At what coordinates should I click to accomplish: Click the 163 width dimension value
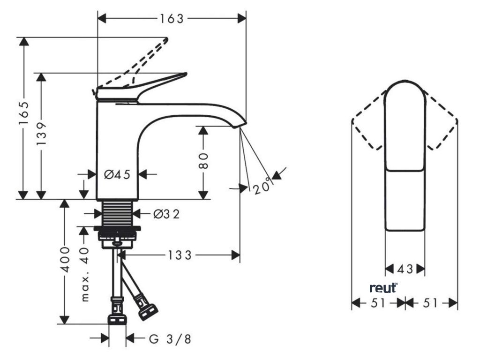point(172,19)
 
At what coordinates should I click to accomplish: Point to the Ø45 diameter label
point(117,174)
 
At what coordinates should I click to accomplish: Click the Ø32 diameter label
point(166,214)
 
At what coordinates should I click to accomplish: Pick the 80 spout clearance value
point(203,161)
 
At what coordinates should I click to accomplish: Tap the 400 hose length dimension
point(65,260)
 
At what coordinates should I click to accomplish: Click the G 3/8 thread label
point(170,338)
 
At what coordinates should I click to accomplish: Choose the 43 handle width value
point(405,269)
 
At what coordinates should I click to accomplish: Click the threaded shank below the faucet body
point(120,213)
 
